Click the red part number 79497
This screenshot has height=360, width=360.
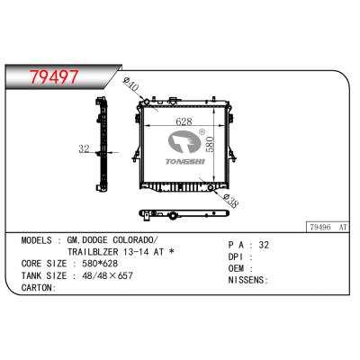[x=54, y=76]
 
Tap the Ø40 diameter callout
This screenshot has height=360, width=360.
[x=131, y=84]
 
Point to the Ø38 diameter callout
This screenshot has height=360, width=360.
[x=231, y=202]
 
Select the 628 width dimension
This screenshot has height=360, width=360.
[x=184, y=121]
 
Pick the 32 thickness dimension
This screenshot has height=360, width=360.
[x=85, y=148]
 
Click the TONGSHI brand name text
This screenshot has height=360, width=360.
[x=185, y=161]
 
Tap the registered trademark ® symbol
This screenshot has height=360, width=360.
[x=202, y=131]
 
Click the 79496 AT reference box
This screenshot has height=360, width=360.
[x=328, y=227]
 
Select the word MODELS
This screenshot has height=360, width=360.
[x=36, y=240]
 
